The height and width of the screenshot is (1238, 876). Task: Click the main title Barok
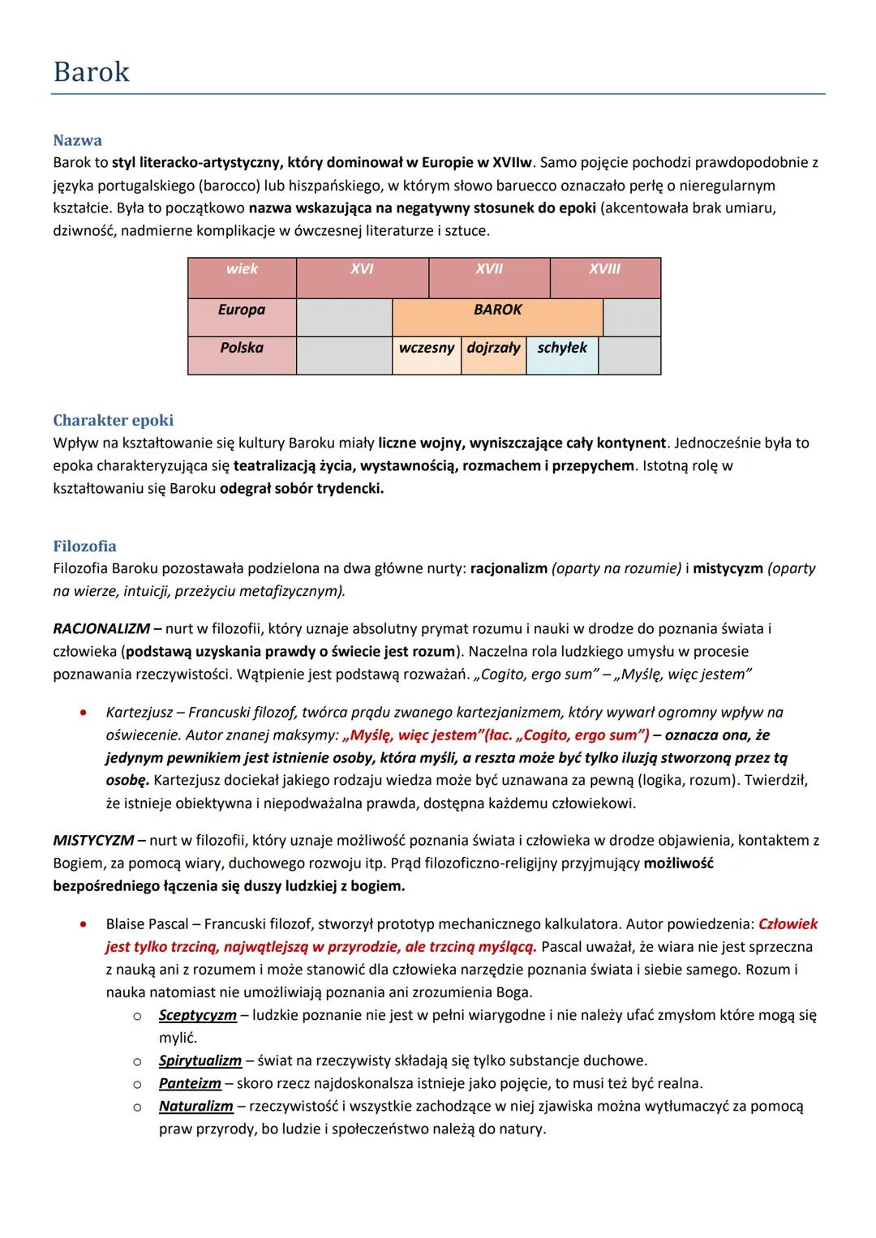tap(91, 72)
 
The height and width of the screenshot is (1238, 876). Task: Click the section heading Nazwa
tap(77, 140)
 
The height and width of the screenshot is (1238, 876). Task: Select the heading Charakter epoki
tap(113, 420)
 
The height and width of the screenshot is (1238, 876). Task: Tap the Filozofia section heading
tap(84, 546)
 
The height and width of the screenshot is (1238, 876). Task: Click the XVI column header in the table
tap(362, 269)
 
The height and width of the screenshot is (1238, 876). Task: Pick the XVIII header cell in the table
tap(604, 269)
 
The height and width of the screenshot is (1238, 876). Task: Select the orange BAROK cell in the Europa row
tap(497, 310)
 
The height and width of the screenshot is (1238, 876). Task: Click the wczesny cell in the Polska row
tap(427, 348)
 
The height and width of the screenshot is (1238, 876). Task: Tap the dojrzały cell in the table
tap(493, 348)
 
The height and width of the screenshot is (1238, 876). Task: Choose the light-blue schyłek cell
tap(562, 348)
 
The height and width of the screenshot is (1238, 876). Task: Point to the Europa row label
tap(242, 310)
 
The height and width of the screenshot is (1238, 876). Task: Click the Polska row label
tap(242, 348)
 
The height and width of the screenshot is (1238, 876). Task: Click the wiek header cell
tap(242, 269)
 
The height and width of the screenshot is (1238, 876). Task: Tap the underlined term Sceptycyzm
tap(197, 1015)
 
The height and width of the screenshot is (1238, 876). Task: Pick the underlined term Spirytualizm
tap(200, 1060)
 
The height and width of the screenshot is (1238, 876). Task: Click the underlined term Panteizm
tap(190, 1083)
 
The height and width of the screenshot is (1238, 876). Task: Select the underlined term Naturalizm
tap(195, 1106)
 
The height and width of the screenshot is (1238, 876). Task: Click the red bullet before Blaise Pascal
tap(83, 924)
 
